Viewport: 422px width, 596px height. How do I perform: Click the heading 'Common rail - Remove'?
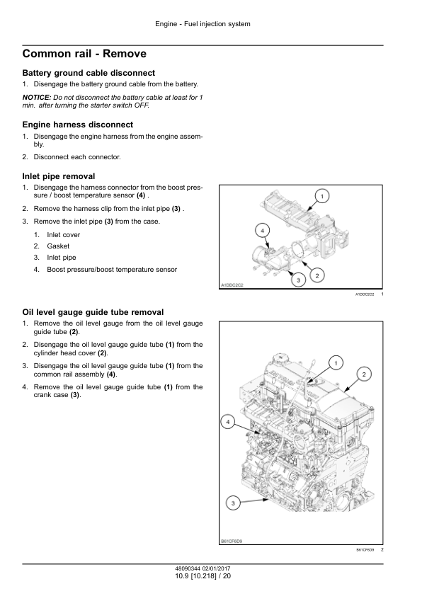(x=84, y=54)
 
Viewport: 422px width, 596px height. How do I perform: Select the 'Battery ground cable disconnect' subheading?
(x=89, y=73)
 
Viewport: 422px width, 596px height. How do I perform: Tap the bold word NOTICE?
(x=37, y=97)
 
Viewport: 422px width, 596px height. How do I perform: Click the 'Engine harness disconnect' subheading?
(x=78, y=125)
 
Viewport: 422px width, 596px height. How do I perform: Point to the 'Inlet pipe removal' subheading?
(x=59, y=176)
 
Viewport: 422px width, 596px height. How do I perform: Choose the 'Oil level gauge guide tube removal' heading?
(x=93, y=312)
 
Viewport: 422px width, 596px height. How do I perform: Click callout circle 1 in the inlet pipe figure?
(x=322, y=196)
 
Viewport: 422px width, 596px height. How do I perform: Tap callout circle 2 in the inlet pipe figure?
(x=317, y=275)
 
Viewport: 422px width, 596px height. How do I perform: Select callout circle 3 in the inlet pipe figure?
(x=298, y=280)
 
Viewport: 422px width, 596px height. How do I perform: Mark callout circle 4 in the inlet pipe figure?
(x=262, y=230)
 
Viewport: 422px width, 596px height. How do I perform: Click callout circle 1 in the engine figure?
(x=336, y=363)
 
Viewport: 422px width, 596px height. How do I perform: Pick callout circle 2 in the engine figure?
(x=364, y=374)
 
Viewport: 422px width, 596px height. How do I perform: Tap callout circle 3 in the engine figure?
(x=233, y=504)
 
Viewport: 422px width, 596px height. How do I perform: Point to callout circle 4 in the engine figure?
(x=228, y=422)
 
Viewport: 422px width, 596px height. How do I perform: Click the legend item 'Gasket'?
(x=58, y=246)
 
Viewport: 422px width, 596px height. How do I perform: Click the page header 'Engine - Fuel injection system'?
(x=203, y=24)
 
